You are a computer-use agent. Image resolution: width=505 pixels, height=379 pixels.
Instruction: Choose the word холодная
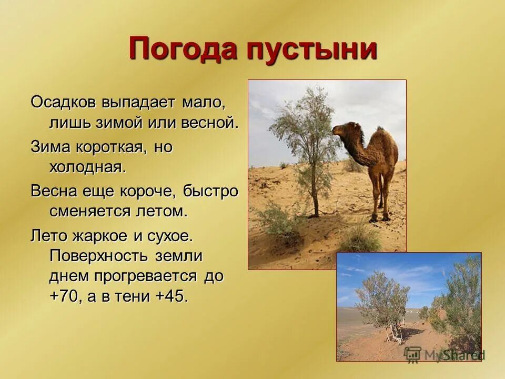87,168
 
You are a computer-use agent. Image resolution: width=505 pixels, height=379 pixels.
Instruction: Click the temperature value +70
65,296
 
